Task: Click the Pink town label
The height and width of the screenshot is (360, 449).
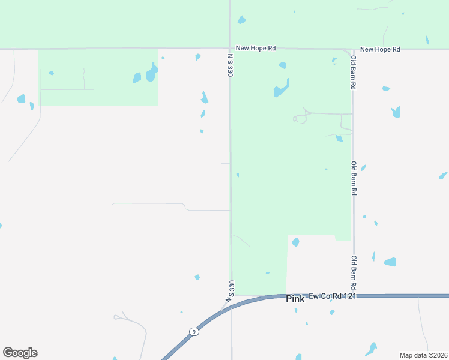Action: tap(295, 299)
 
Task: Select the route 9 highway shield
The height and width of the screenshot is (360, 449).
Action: tap(193, 332)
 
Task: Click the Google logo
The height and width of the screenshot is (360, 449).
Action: tap(20, 353)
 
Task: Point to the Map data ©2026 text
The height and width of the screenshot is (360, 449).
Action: tap(423, 355)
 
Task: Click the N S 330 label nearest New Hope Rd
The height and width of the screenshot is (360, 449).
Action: tap(230, 65)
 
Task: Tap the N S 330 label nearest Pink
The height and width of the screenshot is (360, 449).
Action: tap(230, 290)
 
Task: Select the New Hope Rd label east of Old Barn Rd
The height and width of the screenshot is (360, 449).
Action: tap(380, 49)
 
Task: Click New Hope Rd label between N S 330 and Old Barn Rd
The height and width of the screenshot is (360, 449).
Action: tap(256, 48)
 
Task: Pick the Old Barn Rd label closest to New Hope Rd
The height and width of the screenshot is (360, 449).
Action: tap(354, 73)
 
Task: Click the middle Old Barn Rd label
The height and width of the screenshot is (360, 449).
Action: tap(354, 178)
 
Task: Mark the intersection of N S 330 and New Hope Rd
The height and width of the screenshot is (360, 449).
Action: tap(230, 48)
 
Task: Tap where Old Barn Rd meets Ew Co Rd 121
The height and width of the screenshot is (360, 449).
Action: tap(354, 296)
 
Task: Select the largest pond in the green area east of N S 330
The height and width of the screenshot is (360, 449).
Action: tap(281, 89)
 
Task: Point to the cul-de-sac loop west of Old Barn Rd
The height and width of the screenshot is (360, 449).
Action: tap(297, 119)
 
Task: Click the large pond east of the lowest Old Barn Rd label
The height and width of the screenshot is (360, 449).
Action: tap(390, 262)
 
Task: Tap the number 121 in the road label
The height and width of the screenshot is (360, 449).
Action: tap(351, 296)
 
